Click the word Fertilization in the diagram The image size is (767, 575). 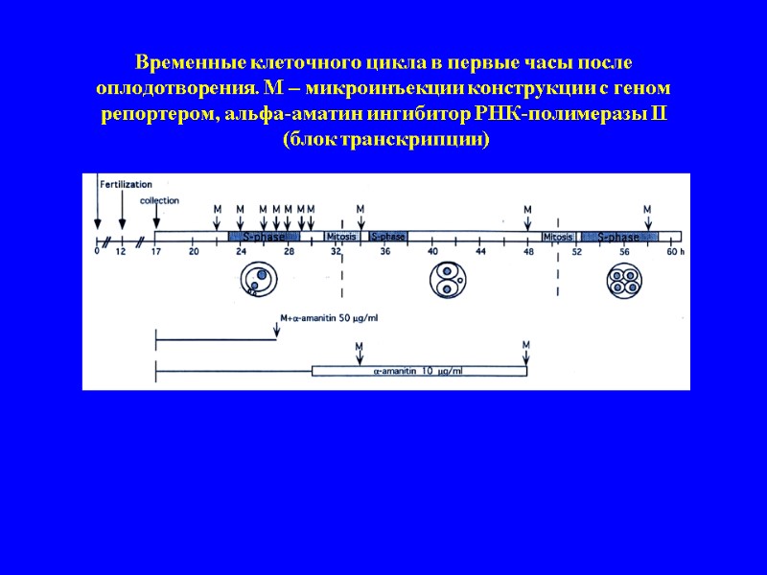[x=127, y=182]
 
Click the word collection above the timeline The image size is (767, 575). [x=159, y=200]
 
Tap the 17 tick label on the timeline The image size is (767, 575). [x=156, y=252]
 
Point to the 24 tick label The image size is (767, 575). [x=241, y=252]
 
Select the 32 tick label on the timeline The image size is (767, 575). [x=336, y=252]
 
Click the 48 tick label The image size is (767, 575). [x=527, y=252]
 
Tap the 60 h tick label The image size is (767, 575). [x=674, y=252]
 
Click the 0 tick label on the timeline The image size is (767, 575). [x=97, y=252]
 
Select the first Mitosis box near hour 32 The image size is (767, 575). [x=341, y=236]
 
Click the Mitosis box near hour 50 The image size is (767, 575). [x=558, y=236]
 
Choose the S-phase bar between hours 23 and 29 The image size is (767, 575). [x=264, y=237]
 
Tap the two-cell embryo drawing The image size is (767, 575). [x=444, y=280]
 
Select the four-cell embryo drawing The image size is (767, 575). [x=623, y=281]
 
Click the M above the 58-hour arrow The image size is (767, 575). [x=647, y=209]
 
